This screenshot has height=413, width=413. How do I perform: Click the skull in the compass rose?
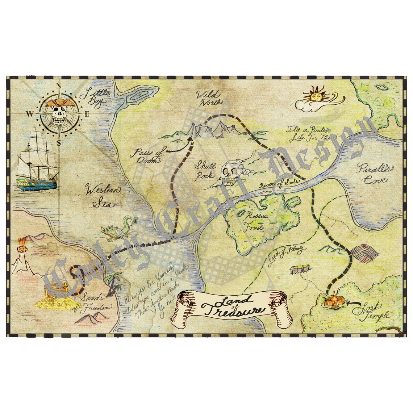click(59, 115)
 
